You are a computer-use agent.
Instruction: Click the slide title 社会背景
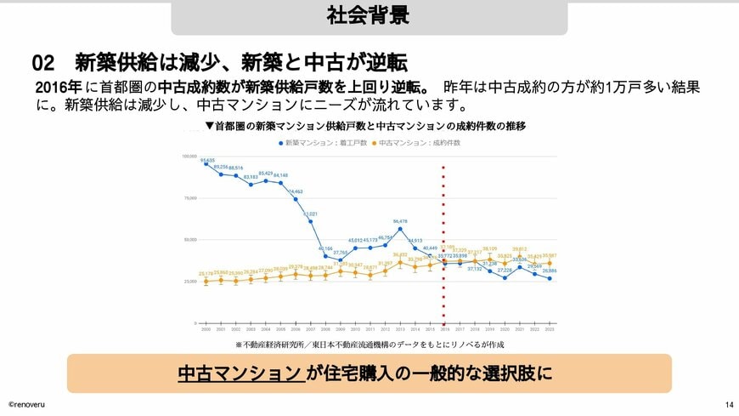pos(369,15)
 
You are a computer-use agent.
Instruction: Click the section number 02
pos(43,63)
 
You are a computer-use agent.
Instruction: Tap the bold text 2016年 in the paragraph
pos(59,88)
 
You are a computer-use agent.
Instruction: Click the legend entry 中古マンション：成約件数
pos(415,143)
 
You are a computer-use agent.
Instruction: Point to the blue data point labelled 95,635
pos(206,164)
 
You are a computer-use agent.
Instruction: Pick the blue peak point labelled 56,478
pos(400,228)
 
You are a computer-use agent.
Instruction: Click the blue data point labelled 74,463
pos(296,199)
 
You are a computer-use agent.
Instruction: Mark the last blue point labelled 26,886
pos(550,278)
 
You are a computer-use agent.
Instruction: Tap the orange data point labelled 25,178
pos(206,281)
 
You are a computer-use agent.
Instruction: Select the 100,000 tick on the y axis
pos(189,157)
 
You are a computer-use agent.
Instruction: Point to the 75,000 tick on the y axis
pos(190,198)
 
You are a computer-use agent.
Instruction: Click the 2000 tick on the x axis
pos(206,328)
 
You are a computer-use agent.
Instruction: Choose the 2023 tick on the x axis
pos(550,328)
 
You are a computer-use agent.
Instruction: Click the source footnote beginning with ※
pos(369,345)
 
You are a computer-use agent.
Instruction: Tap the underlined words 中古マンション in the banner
pos(240,373)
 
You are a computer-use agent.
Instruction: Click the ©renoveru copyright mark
pos(27,404)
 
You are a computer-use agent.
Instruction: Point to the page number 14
pos(729,404)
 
